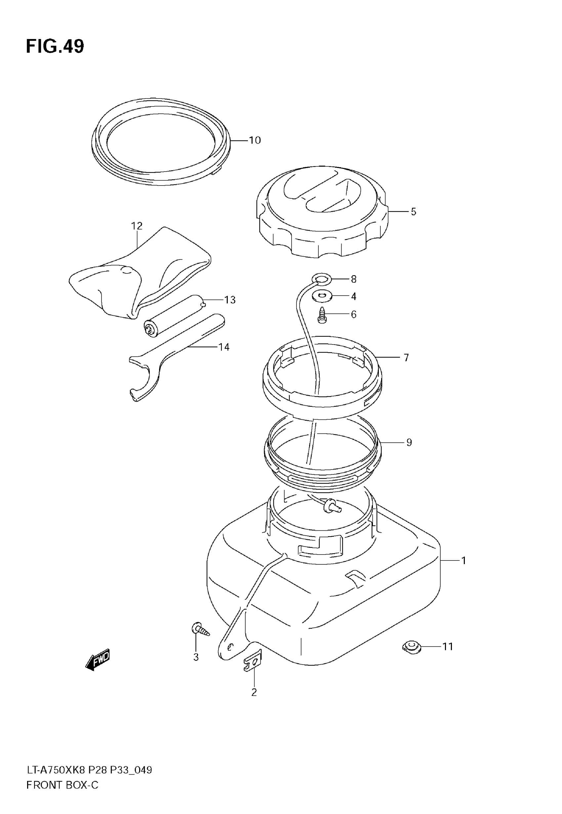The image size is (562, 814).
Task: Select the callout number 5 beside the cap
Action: coord(414,212)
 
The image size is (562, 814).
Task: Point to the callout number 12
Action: coord(137,226)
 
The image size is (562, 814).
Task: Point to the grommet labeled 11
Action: coord(412,647)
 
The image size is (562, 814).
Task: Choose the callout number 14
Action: coord(224,347)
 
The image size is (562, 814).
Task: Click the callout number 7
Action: coord(406,358)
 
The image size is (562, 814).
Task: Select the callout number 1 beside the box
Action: coord(463,560)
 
